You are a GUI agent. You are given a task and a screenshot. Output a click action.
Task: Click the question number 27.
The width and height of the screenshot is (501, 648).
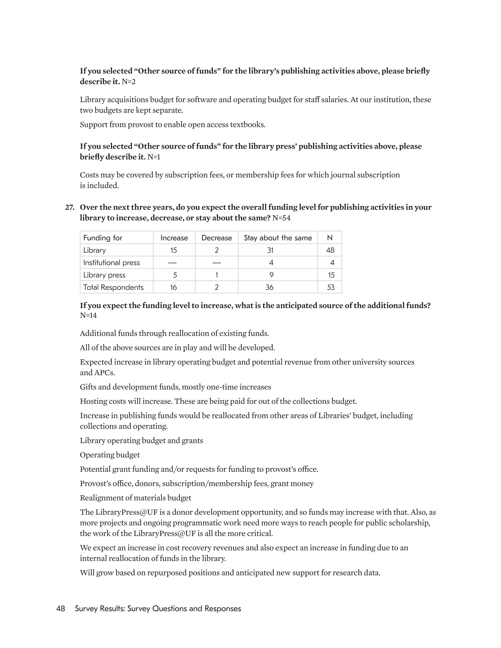[69, 207]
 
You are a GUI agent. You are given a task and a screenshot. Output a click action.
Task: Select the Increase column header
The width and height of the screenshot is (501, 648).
[174, 238]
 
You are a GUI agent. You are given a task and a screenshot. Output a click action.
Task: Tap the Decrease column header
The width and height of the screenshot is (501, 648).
[217, 238]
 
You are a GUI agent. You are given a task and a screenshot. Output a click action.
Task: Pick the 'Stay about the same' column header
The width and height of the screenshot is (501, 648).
[278, 238]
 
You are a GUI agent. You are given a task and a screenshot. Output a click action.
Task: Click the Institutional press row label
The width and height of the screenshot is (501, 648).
[111, 263]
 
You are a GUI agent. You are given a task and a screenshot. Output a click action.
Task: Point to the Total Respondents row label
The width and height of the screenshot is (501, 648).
[113, 287]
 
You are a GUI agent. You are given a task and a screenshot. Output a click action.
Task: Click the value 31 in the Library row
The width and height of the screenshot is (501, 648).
[270, 250]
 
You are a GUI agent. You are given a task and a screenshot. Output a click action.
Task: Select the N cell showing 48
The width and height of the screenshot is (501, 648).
[330, 250]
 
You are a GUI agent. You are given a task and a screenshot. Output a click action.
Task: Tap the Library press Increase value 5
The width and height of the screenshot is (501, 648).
[175, 275]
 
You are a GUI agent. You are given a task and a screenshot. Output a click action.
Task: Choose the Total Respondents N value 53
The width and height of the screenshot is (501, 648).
[331, 287]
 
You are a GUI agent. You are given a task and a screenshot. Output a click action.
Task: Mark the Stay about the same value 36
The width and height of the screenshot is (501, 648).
[270, 287]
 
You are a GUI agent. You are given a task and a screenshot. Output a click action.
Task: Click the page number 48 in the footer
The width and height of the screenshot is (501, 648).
[61, 608]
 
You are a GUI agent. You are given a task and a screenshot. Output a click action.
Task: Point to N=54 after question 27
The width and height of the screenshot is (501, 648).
[281, 218]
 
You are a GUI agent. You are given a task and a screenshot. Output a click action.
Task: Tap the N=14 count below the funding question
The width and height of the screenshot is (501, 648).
[88, 315]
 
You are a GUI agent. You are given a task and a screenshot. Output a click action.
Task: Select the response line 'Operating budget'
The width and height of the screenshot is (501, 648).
[110, 455]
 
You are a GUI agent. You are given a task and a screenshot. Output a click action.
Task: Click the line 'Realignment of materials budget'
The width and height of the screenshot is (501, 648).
[135, 498]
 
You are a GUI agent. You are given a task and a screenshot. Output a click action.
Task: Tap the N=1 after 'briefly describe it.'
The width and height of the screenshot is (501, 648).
[154, 157]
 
